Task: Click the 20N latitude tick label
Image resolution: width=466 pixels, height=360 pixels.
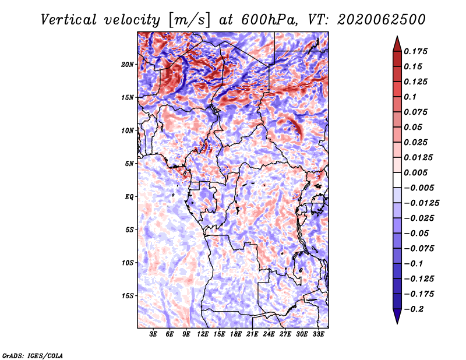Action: (x=128, y=65)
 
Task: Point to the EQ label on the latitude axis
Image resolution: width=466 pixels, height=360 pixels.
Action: (x=129, y=197)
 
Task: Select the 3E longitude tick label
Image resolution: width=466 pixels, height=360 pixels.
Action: (x=153, y=334)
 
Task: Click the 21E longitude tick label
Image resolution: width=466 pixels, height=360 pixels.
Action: (x=252, y=334)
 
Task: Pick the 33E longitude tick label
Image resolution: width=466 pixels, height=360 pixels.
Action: (x=318, y=334)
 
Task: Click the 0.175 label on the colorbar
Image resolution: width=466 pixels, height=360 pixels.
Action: (x=415, y=51)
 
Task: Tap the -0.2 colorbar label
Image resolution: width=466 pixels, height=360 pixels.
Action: (x=414, y=309)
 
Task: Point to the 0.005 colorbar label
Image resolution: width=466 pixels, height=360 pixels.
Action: (x=415, y=172)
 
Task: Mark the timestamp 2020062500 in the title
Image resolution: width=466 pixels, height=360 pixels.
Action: (x=382, y=20)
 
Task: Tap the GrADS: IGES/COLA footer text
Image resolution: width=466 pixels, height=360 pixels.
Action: (x=33, y=356)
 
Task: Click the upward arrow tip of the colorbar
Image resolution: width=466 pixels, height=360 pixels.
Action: (x=397, y=36)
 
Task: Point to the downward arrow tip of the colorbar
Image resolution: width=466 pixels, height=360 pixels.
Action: (x=397, y=323)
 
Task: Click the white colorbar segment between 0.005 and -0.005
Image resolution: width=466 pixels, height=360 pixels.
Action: (x=397, y=180)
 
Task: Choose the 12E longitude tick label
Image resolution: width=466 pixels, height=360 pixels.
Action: (x=202, y=334)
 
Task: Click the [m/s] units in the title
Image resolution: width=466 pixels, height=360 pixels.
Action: (x=189, y=20)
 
